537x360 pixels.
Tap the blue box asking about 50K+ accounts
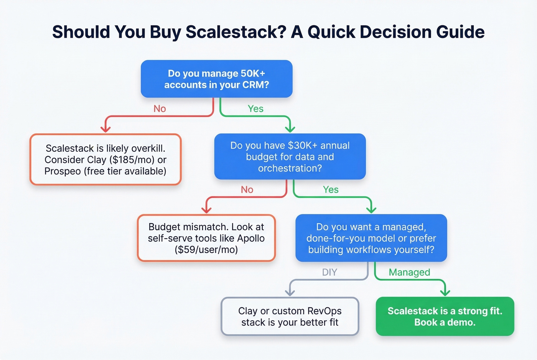[217, 79]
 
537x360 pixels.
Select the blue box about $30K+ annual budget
[290, 157]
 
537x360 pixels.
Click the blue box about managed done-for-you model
[371, 238]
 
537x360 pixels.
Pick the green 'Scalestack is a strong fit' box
[445, 316]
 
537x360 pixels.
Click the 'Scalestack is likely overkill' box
[105, 159]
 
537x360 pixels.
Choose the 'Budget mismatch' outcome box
[206, 238]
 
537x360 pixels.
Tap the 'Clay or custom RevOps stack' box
[290, 316]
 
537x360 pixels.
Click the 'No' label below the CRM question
[160, 109]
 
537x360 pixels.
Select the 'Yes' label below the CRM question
[255, 109]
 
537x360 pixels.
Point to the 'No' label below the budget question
[247, 190]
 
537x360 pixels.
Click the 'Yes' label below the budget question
[331, 190]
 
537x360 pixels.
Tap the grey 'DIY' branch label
[329, 272]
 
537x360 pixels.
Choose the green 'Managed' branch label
[409, 272]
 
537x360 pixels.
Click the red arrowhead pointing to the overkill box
[105, 129]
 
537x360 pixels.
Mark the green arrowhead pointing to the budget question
[290, 128]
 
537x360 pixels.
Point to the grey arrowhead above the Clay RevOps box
[290, 292]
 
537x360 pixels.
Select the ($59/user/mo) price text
[206, 250]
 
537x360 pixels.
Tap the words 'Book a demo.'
[445, 322]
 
